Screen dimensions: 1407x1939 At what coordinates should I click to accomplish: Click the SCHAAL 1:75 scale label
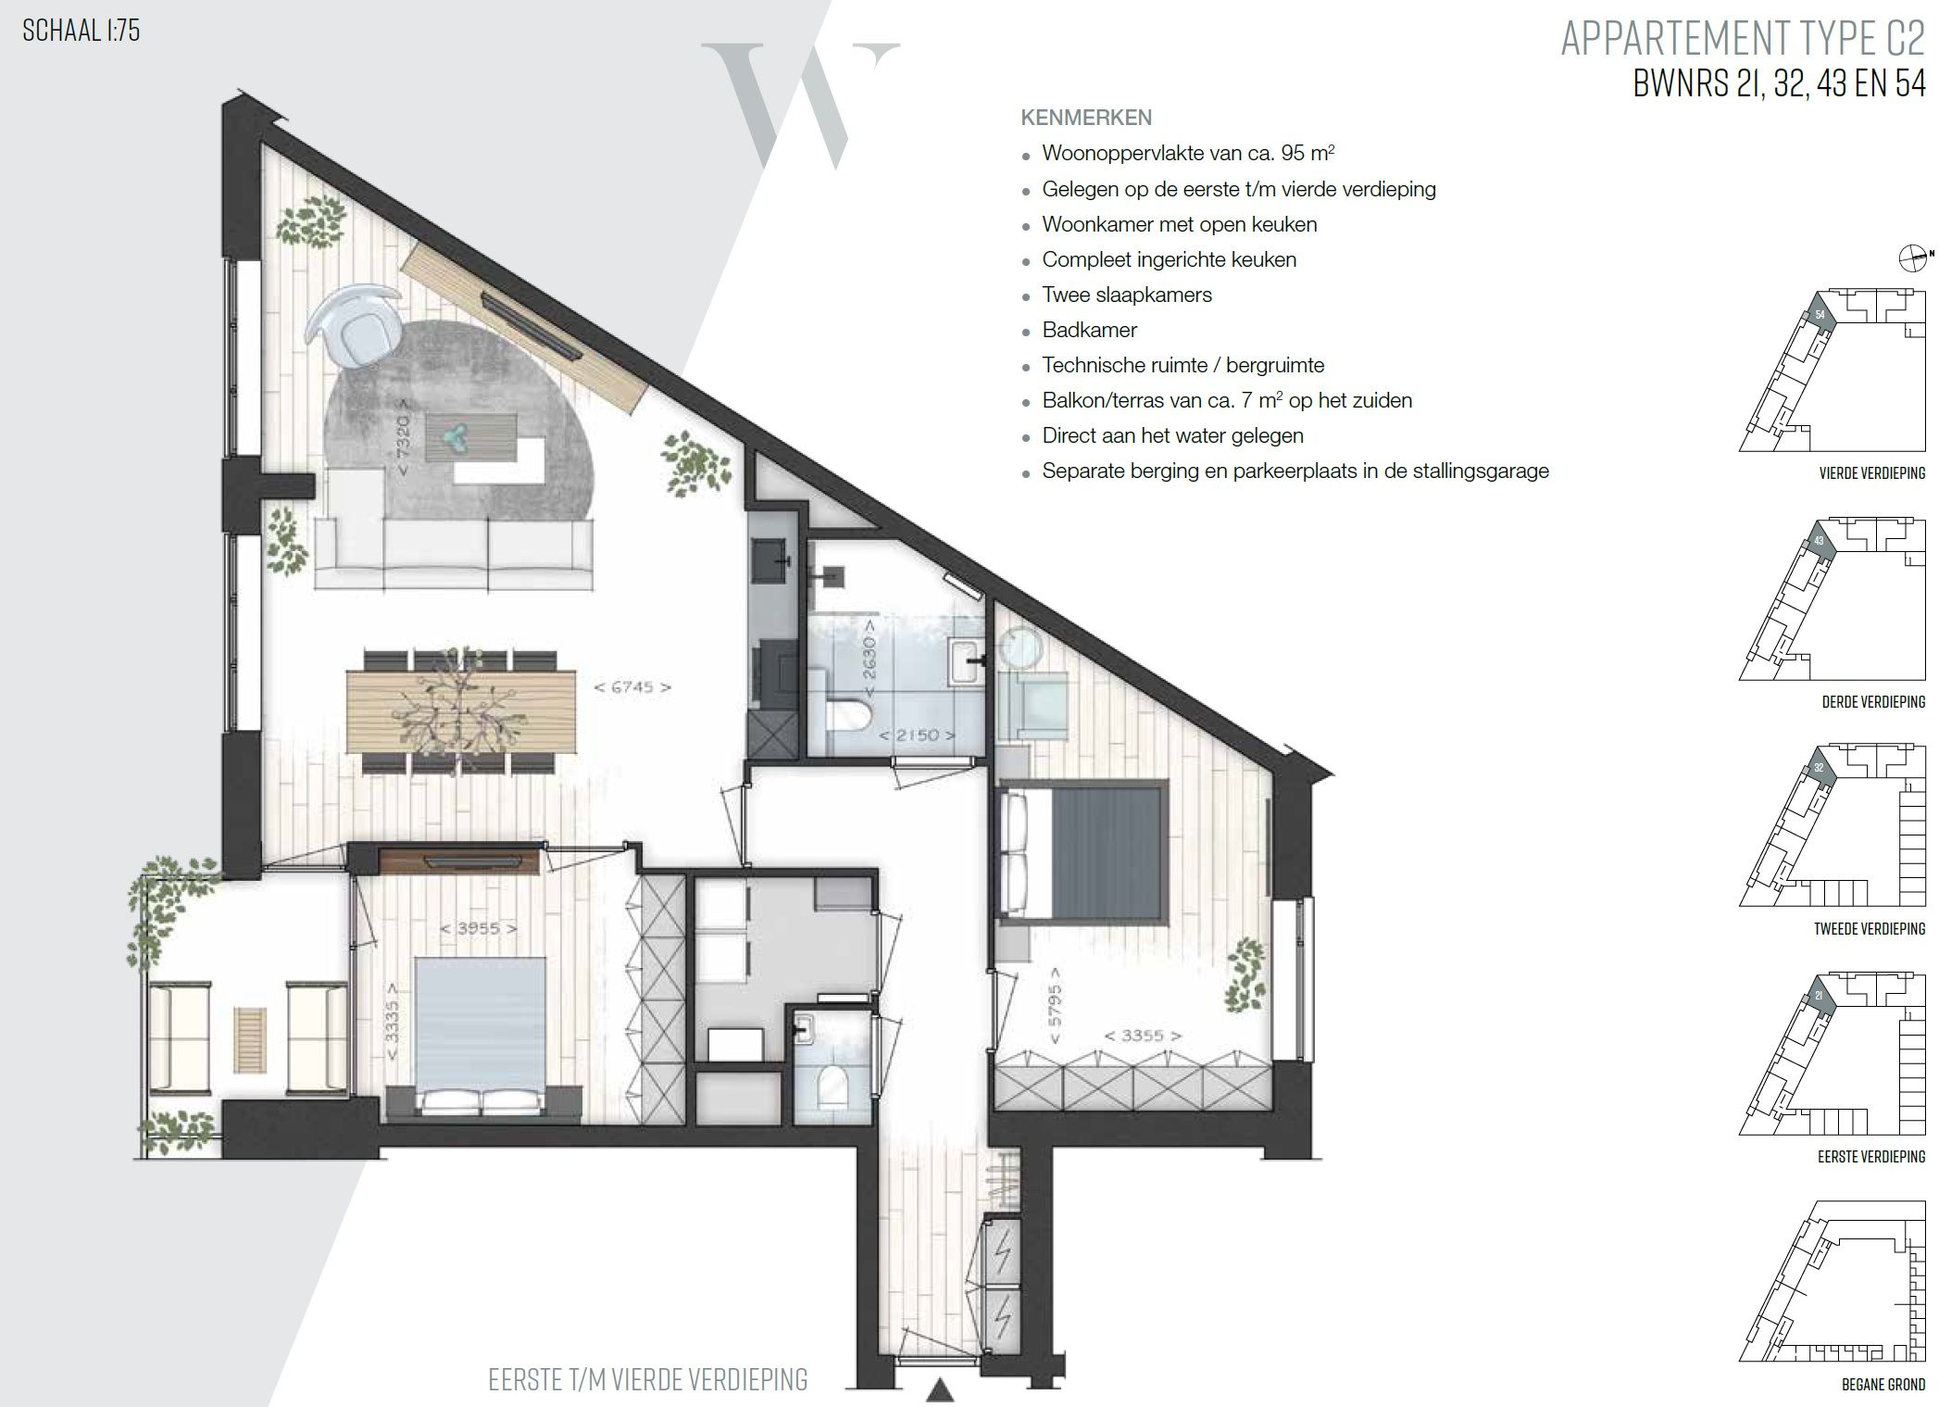81,31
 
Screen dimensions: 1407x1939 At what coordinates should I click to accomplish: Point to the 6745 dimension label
632,687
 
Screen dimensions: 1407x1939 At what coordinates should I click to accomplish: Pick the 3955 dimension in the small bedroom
479,927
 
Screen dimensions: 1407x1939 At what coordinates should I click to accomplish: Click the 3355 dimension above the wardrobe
1140,1036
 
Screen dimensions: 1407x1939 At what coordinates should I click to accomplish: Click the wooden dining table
461,710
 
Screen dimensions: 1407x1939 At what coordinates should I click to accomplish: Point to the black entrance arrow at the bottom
941,1389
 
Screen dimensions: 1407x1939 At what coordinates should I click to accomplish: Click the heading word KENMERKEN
1085,118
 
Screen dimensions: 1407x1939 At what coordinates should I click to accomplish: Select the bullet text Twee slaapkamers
1126,295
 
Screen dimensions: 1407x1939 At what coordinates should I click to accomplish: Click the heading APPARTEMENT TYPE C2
1742,39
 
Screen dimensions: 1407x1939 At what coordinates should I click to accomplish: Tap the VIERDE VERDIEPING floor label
1871,473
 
